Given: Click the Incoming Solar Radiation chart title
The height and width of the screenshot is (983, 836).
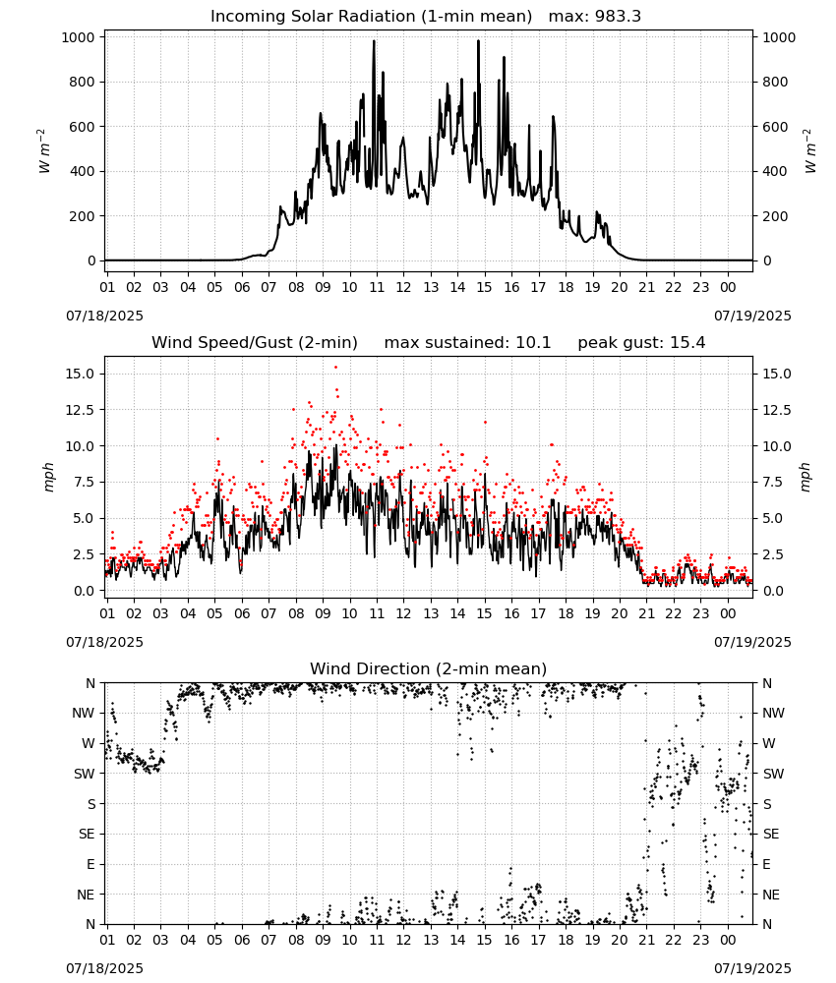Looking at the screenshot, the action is click(371, 16).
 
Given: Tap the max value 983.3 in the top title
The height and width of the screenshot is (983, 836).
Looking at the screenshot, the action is click(617, 16).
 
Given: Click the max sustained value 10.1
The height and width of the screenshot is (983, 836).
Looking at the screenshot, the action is click(533, 342).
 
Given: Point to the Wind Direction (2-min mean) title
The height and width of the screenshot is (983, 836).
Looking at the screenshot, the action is click(429, 668).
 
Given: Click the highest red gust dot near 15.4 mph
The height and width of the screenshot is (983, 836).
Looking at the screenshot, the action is click(335, 367).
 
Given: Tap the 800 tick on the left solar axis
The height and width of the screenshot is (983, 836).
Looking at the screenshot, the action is click(83, 83).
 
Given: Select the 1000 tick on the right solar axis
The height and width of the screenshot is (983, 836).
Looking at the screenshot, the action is click(779, 37).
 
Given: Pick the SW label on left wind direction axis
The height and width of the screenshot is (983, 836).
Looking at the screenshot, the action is click(85, 774).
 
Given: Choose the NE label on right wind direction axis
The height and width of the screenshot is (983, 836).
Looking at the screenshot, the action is click(771, 895).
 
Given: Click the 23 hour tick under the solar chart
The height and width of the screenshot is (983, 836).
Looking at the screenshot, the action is click(700, 287).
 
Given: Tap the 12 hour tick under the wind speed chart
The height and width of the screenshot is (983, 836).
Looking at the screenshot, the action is click(403, 613).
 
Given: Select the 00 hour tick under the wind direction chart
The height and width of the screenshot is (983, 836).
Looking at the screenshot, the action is click(728, 940).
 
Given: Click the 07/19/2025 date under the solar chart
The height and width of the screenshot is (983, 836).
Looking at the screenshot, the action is click(752, 316).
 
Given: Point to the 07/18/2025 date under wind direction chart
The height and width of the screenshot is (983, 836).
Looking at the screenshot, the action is click(104, 968).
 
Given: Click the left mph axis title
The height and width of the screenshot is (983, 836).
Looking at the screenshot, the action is click(49, 477).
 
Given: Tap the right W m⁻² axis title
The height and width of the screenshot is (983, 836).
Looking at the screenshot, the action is click(809, 150).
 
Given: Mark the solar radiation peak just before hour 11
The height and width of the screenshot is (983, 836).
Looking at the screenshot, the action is click(374, 41).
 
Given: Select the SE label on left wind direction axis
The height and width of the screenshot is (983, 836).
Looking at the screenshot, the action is click(87, 834).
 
